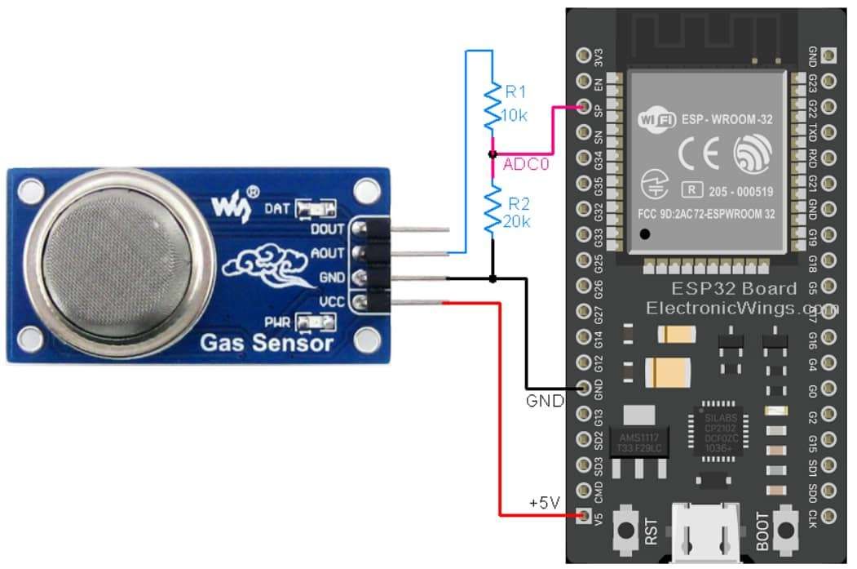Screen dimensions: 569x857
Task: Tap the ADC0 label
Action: tap(526, 164)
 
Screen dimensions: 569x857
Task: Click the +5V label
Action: tap(545, 502)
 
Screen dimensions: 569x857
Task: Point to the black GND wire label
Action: tap(544, 401)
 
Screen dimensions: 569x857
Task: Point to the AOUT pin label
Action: tap(328, 254)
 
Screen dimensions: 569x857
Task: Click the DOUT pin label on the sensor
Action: tap(328, 230)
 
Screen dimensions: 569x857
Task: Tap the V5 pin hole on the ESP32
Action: tap(583, 516)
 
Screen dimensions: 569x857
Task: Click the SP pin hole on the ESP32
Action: tap(583, 107)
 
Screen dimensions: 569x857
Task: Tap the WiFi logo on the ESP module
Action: tap(657, 119)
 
